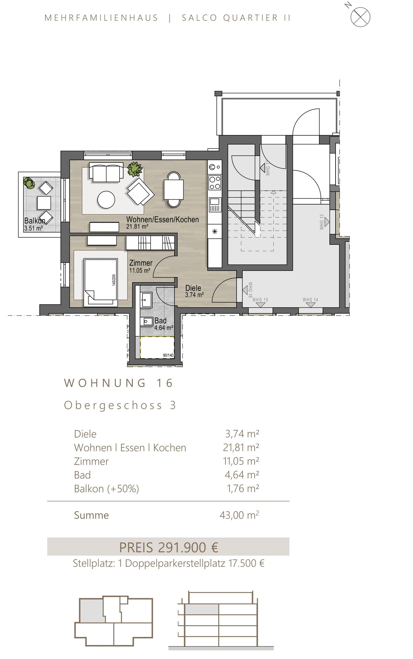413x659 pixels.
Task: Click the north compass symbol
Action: (x=360, y=17)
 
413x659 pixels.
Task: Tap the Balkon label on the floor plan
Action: (x=34, y=221)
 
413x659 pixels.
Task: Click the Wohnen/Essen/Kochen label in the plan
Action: (x=162, y=219)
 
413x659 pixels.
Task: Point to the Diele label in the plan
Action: (x=193, y=288)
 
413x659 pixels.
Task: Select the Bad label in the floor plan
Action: (x=160, y=321)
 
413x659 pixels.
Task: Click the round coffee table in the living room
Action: (x=106, y=200)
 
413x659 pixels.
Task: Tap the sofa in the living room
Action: (x=106, y=172)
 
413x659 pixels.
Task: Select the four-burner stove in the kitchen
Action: (x=215, y=183)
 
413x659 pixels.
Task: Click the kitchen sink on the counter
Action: (x=215, y=205)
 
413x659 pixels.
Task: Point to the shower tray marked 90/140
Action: (x=158, y=348)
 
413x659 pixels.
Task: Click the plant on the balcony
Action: (x=29, y=183)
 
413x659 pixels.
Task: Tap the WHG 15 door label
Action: (x=260, y=300)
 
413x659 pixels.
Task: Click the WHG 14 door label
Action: (x=310, y=300)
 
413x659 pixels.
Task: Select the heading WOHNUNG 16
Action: (x=119, y=383)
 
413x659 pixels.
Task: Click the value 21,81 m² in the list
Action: (x=241, y=447)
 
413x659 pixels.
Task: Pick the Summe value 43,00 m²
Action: (x=239, y=515)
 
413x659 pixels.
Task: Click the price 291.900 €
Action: (x=188, y=547)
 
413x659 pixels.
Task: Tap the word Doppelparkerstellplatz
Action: (x=175, y=564)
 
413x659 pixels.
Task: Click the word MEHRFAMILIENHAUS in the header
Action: (x=101, y=18)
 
